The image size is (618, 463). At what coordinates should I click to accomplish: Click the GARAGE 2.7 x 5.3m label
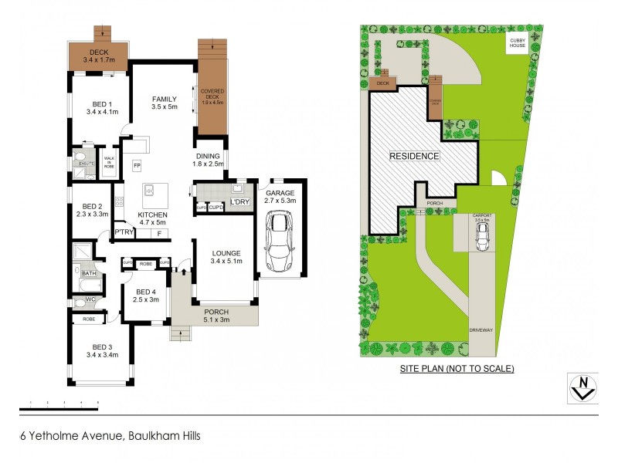(280, 196)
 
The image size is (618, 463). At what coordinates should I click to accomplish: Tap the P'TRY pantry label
(124, 231)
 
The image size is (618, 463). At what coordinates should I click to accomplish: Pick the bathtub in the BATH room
(87, 285)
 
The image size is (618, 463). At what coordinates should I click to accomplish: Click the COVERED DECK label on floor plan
(212, 96)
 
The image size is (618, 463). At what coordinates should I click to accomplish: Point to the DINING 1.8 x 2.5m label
(208, 159)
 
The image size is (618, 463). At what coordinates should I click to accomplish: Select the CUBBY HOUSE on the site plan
(517, 45)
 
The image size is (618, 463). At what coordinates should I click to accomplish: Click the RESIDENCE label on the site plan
(414, 156)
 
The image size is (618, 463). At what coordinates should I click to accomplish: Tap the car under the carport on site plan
(481, 240)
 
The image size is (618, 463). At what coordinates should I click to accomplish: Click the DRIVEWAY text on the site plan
(480, 330)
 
